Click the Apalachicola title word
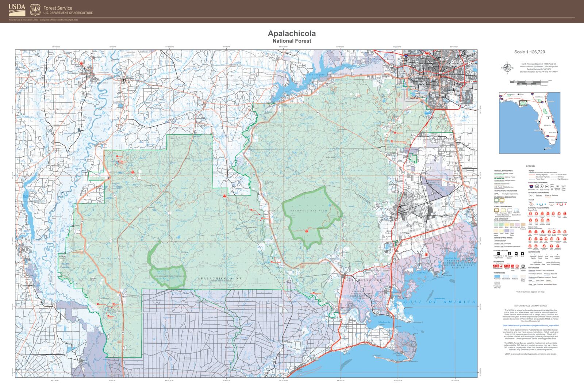click(x=292, y=34)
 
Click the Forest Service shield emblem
click(x=35, y=9)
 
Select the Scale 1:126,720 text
click(x=529, y=52)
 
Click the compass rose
click(x=507, y=68)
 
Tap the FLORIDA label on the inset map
click(x=547, y=125)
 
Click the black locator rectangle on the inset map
click(x=523, y=103)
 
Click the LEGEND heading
click(x=530, y=166)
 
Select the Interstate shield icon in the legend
click(x=531, y=186)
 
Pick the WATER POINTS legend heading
click(x=534, y=252)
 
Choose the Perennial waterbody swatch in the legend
click(x=497, y=277)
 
